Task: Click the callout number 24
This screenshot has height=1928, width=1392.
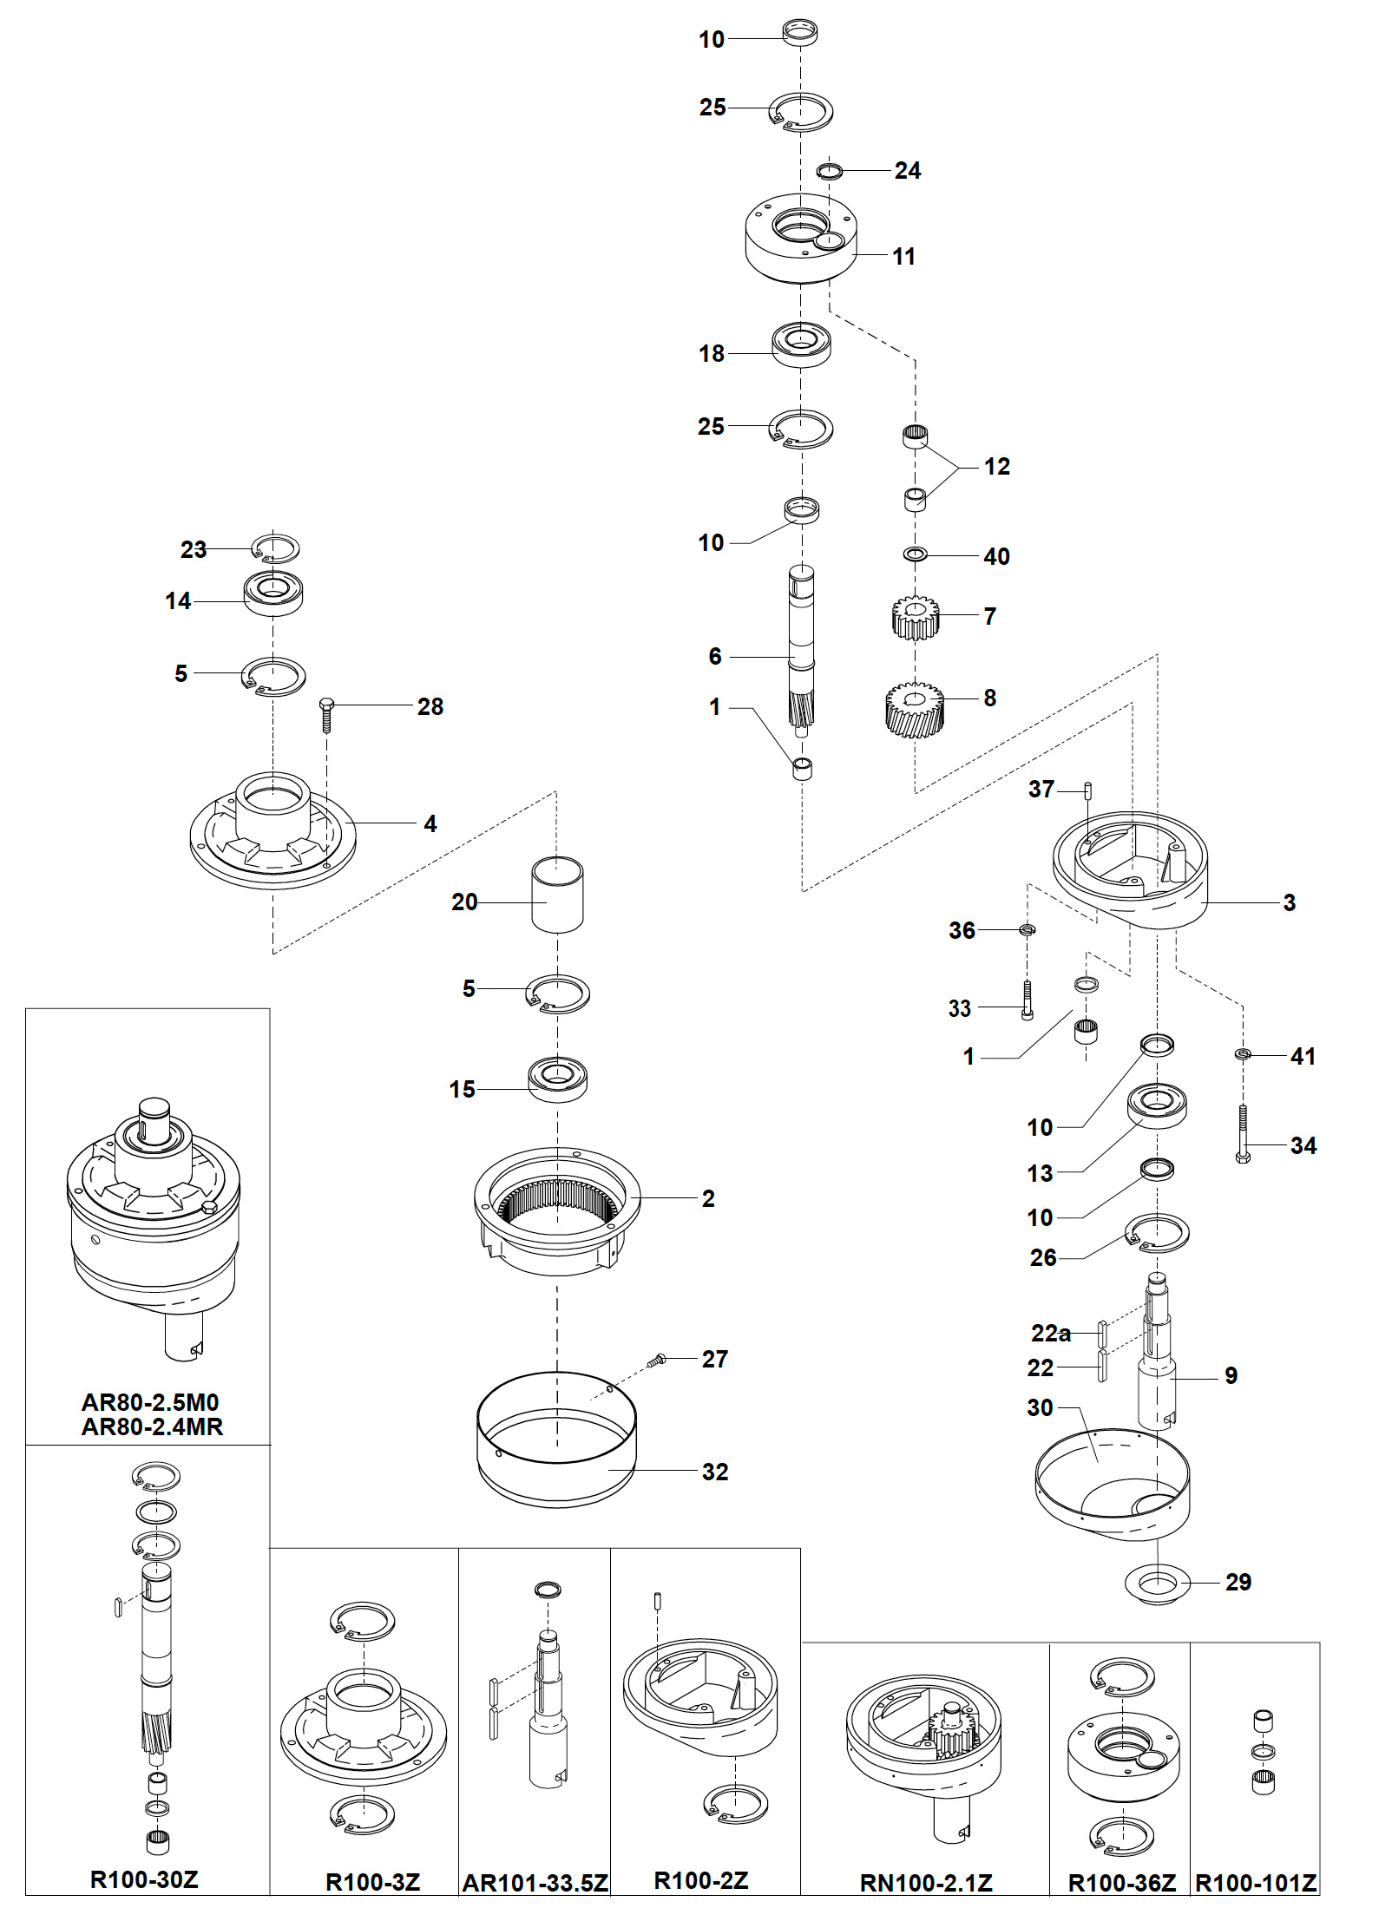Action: [x=907, y=171]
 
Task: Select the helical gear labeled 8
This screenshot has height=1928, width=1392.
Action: [x=914, y=709]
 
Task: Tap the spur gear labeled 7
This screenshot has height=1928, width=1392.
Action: [x=914, y=617]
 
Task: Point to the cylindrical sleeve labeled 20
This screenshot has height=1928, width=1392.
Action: [x=557, y=895]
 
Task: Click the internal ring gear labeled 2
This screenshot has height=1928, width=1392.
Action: [x=557, y=1210]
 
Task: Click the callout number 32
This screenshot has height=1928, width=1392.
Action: [x=714, y=1472]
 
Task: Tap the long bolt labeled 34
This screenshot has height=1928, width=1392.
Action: [x=1243, y=1134]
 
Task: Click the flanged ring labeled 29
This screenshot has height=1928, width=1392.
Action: [x=1157, y=1584]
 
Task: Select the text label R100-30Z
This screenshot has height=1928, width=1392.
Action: [x=144, y=1879]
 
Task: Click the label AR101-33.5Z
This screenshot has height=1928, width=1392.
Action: [x=535, y=1883]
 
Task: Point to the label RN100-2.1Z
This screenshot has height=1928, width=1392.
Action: [x=926, y=1883]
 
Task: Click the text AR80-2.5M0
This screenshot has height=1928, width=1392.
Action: [x=150, y=1402]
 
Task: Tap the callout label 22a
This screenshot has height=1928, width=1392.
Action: [x=1050, y=1333]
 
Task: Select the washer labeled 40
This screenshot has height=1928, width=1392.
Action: [x=915, y=554]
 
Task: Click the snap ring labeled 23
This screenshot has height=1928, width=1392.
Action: [x=276, y=549]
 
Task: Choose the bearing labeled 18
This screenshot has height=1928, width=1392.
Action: [x=801, y=344]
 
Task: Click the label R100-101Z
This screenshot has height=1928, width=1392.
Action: [x=1256, y=1883]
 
